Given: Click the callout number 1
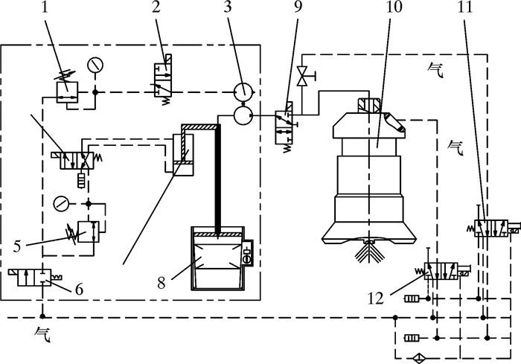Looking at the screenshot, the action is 45,7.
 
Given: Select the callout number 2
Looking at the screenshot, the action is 156,7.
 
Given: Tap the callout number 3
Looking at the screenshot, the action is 227,7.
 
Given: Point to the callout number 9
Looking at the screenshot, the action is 298,7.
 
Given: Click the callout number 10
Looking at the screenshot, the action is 394,7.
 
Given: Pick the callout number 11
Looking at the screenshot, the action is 464,7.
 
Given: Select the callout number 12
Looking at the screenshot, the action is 375,298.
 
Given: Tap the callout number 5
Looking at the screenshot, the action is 18,246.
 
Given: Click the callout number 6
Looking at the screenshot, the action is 79,290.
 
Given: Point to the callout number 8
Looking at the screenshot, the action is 162,283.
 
